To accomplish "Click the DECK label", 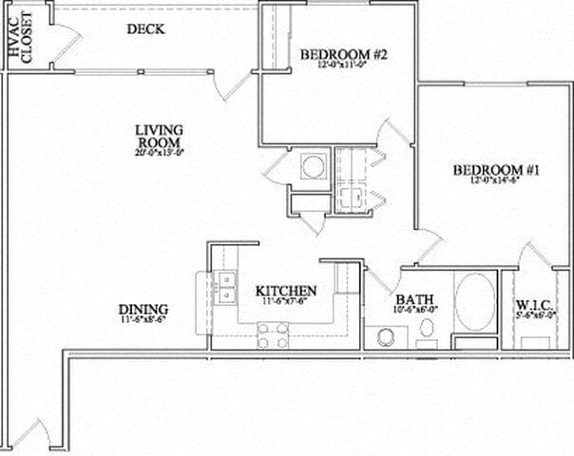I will [x=146, y=29].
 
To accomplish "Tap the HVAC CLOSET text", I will [x=20, y=39].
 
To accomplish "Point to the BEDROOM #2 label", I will [x=344, y=55].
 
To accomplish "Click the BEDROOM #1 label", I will [x=496, y=171].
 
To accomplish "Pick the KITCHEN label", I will [x=286, y=291].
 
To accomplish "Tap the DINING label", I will [x=143, y=310].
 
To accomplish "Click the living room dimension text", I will [x=158, y=152].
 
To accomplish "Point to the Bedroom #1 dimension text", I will [x=496, y=184].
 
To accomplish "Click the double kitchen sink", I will [x=225, y=286].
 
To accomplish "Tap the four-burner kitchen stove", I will [x=274, y=334].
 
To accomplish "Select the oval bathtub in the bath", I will [x=474, y=300].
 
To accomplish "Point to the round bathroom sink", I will [x=387, y=336].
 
